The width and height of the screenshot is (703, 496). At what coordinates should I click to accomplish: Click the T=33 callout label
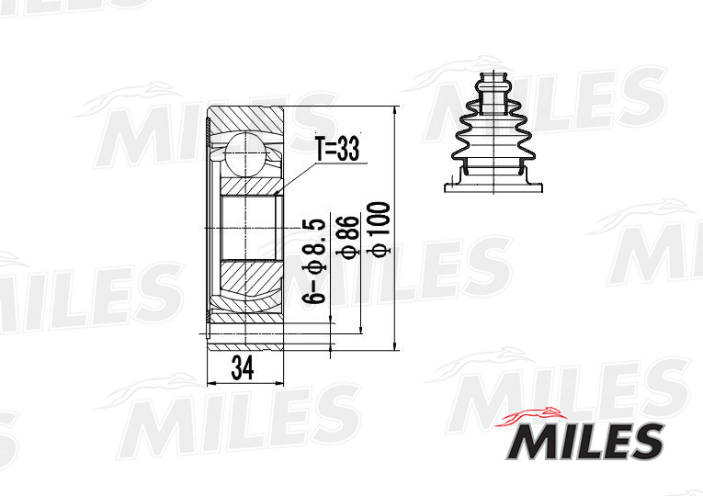(x=337, y=149)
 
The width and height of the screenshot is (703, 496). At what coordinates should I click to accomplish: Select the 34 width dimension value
(x=243, y=367)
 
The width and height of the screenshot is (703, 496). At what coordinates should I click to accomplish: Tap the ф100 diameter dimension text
(x=379, y=230)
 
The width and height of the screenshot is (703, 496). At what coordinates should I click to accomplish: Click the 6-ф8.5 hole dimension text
(x=314, y=261)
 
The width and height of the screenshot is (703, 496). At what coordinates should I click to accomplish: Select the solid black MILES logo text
(x=584, y=441)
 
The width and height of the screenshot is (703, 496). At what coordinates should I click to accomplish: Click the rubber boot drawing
(x=493, y=131)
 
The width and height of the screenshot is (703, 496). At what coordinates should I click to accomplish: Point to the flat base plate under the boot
(x=493, y=188)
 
